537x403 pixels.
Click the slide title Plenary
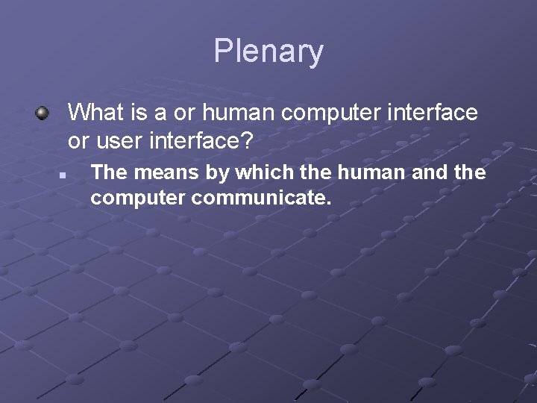coord(268,51)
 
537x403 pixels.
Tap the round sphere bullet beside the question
coord(42,113)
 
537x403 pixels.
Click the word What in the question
coord(95,113)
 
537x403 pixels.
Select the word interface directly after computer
coord(436,113)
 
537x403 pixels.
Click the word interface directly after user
coord(191,140)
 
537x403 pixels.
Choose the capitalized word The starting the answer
coord(108,172)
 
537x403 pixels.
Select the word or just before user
coord(78,140)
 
